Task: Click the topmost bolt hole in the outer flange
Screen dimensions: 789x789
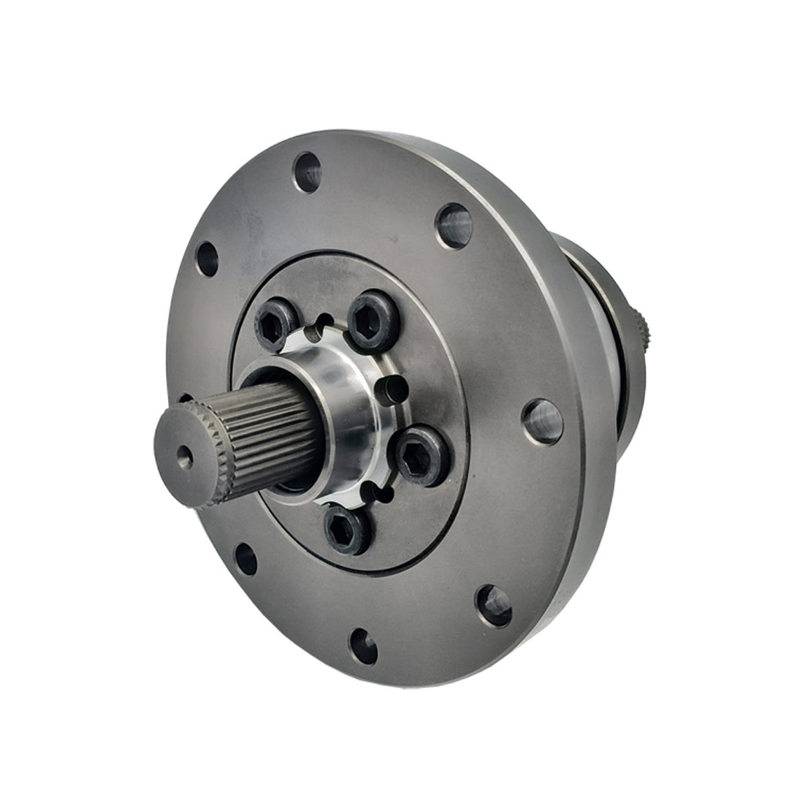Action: (307, 172)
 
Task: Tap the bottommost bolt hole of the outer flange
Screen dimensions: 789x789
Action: (363, 646)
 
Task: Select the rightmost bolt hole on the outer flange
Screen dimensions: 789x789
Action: (543, 422)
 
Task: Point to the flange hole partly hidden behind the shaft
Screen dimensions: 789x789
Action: (184, 400)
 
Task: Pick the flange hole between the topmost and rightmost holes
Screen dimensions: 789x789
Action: (454, 225)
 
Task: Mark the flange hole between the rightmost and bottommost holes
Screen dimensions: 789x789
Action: (495, 605)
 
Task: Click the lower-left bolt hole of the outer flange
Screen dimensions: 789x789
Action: (245, 559)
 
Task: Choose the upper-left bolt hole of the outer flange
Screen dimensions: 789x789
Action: (207, 258)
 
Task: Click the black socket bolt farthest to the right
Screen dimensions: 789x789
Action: (422, 456)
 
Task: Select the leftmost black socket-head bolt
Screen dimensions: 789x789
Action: (275, 327)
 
